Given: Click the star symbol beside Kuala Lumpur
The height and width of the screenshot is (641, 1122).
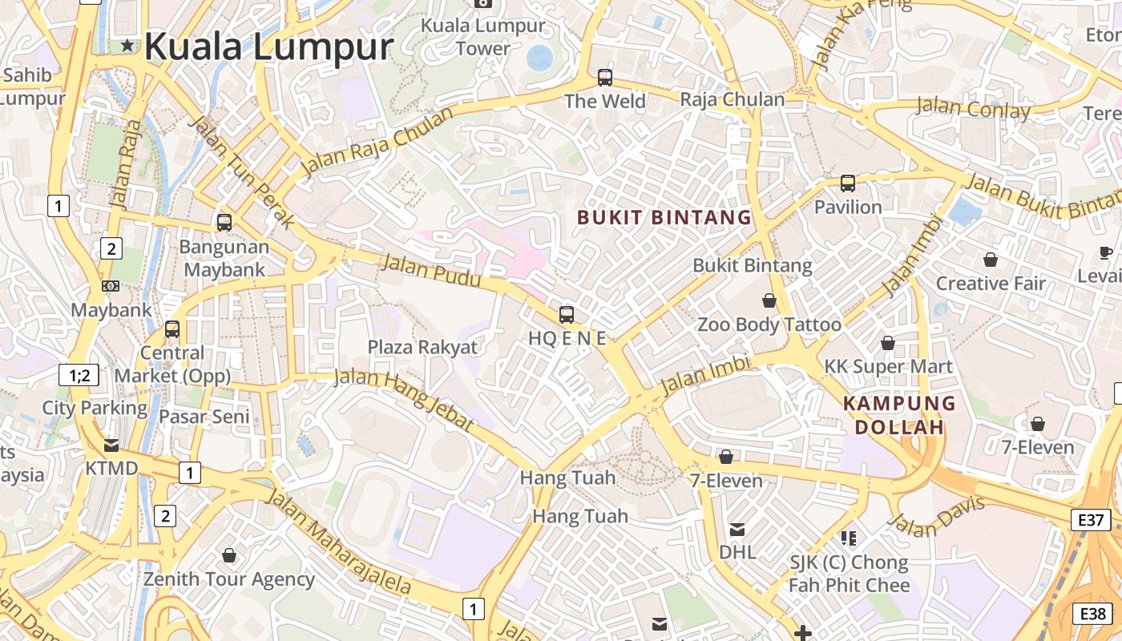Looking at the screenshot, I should pos(127,46).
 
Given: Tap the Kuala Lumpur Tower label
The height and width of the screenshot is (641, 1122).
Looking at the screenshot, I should pos(483,37).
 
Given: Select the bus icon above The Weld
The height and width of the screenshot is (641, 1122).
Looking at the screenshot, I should pos(605,78).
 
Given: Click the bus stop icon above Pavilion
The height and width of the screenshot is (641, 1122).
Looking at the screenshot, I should pos(848,183).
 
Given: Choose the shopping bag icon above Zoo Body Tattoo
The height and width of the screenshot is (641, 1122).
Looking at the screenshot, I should pos(769,300).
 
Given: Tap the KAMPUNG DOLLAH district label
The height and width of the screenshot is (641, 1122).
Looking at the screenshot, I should pos(899,415).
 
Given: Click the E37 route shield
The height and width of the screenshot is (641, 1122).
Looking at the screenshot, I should pos(1091,520).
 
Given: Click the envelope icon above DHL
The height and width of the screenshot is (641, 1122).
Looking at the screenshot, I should pos(737,529).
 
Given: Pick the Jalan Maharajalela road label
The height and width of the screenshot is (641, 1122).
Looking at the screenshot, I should pos(338,542).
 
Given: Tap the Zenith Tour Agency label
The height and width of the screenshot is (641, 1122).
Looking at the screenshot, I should pos(228,579).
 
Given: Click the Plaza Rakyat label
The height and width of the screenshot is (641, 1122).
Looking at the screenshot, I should pos(422,347).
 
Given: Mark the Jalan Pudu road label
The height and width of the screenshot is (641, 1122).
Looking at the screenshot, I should pos(431,270).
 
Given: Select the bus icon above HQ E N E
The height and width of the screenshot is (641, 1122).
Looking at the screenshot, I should pos(567,314).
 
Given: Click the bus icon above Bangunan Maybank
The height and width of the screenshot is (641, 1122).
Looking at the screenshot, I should pos(224,222).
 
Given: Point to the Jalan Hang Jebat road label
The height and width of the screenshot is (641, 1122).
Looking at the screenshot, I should pos(403,398).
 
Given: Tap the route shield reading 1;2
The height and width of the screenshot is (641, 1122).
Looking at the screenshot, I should pos(79,374).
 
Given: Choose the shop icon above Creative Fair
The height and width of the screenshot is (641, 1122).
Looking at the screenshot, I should pos(991,260).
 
